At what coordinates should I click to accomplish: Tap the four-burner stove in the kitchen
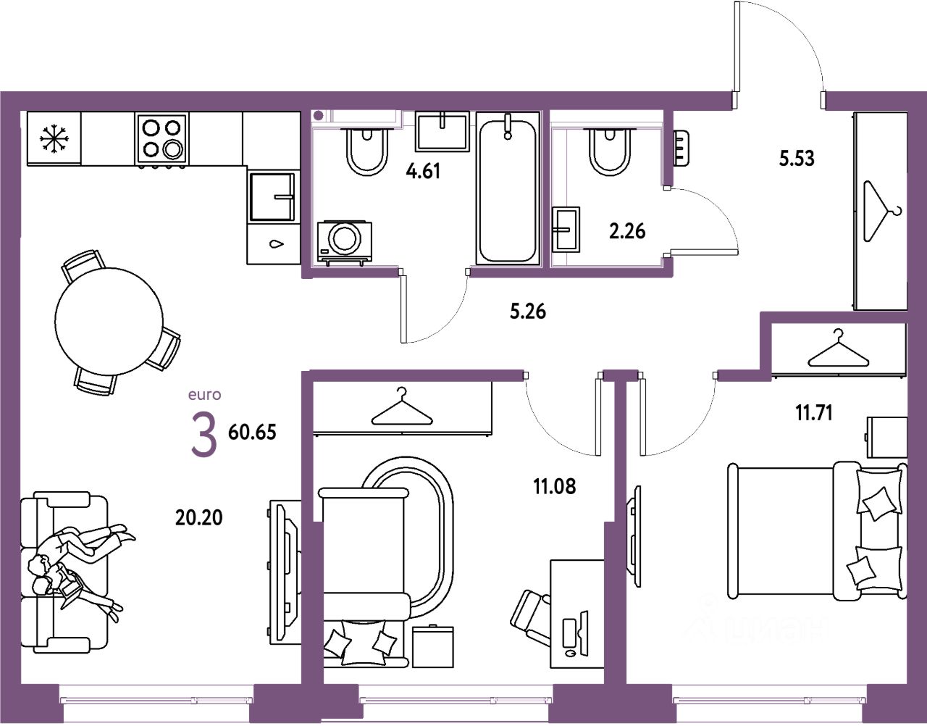pyautogui.click(x=162, y=138)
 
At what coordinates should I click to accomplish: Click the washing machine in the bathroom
pyautogui.click(x=344, y=240)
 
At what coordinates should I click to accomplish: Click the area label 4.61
pyautogui.click(x=424, y=172)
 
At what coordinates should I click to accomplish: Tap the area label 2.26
pyautogui.click(x=627, y=231)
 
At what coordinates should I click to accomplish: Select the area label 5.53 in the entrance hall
pyautogui.click(x=797, y=158)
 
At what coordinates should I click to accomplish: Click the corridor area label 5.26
pyautogui.click(x=528, y=312)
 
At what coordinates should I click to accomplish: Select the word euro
pyautogui.click(x=204, y=395)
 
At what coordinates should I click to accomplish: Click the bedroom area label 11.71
pyautogui.click(x=813, y=413)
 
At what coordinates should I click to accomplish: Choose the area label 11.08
pyautogui.click(x=555, y=486)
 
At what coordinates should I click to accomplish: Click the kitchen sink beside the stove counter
pyautogui.click(x=272, y=196)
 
